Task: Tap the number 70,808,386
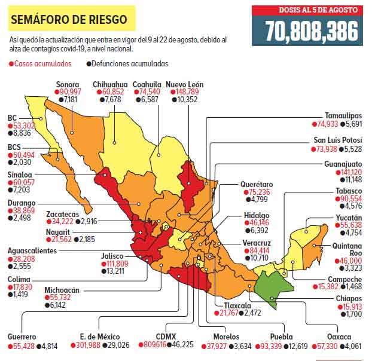pyautogui.click(x=307, y=30)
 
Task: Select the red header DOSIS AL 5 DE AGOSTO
pyautogui.click(x=307, y=10)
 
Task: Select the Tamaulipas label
pyautogui.click(x=343, y=116)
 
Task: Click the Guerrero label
pyautogui.click(x=22, y=336)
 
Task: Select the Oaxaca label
pyautogui.click(x=348, y=336)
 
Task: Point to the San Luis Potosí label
pyautogui.click(x=338, y=140)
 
